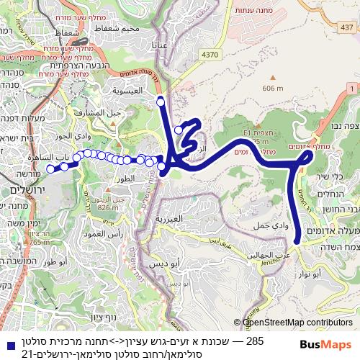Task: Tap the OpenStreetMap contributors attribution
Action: point(297,323)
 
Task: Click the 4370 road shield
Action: point(210,54)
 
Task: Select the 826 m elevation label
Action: point(107,207)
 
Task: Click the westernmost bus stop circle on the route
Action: point(50,169)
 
